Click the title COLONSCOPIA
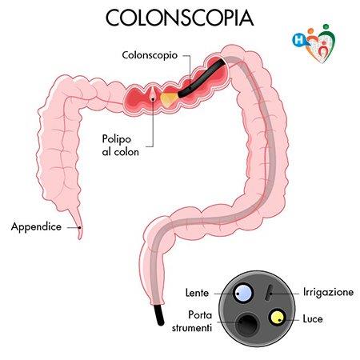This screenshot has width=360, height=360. [179, 18]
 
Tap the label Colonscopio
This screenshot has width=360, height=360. [150, 55]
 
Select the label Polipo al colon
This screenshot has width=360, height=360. [121, 146]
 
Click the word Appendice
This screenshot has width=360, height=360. [36, 226]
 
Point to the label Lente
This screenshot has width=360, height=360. [197, 293]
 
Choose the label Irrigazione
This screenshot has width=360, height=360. [328, 292]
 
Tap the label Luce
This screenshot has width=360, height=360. [313, 318]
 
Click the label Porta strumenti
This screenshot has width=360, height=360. [192, 322]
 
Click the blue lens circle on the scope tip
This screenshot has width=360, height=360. [242, 293]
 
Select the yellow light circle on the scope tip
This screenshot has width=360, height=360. [277, 317]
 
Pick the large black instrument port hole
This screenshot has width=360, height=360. [247, 324]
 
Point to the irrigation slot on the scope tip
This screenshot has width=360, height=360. [270, 293]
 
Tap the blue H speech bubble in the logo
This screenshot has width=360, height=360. [299, 40]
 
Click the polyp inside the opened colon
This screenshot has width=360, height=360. [153, 97]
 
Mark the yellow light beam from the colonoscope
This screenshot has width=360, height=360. [169, 99]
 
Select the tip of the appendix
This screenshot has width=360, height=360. [79, 238]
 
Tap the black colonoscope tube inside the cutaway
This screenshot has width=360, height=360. [202, 78]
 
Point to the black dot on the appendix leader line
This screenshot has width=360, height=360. [79, 227]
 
